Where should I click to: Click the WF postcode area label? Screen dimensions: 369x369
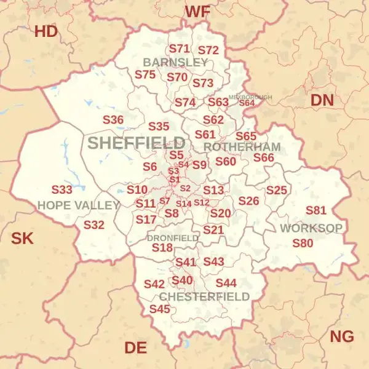click(197, 12)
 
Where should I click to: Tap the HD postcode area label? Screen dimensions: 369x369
click(46, 31)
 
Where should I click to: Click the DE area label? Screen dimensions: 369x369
click(135, 348)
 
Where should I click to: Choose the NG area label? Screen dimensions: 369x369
click(342, 336)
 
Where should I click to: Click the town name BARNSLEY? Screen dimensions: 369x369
click(175, 63)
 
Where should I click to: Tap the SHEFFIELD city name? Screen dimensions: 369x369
click(136, 143)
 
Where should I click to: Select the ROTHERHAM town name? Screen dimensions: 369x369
click(242, 148)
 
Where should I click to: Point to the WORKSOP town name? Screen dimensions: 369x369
click(311, 228)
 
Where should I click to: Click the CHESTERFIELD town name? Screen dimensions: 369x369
click(205, 296)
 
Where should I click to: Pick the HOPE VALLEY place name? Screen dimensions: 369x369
click(78, 205)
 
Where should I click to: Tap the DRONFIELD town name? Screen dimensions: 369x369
click(173, 237)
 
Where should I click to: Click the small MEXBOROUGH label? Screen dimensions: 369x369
click(250, 97)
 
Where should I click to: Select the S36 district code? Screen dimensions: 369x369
click(113, 120)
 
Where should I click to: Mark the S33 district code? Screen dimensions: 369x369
click(61, 190)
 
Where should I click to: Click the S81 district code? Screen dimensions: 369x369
click(316, 211)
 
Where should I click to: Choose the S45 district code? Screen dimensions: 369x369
click(159, 309)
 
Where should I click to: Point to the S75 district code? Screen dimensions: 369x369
click(145, 74)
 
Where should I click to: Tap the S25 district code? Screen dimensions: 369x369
click(277, 191)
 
